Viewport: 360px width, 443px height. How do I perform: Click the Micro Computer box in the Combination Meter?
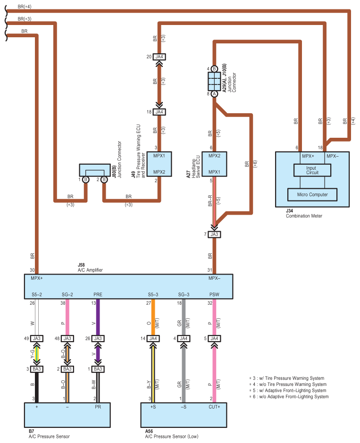(312, 194)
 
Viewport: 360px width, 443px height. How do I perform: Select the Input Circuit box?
(312, 170)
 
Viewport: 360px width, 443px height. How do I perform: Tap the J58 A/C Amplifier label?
(90, 268)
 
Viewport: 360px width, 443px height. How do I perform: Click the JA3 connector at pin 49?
(37, 338)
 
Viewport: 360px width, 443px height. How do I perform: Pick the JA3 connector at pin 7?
(214, 234)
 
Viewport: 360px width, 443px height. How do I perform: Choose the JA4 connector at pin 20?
(159, 57)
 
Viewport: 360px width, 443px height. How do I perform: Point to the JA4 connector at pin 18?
(159, 112)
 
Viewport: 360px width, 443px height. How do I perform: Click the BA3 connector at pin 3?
(37, 368)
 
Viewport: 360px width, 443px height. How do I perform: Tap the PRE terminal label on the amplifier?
(98, 295)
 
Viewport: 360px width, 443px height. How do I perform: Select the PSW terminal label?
(214, 295)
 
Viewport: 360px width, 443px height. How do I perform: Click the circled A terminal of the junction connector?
(214, 94)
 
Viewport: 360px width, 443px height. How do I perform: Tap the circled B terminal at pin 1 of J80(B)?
(85, 180)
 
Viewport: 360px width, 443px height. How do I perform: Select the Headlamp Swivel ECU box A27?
(214, 163)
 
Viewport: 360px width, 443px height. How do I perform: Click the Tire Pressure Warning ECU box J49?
(159, 163)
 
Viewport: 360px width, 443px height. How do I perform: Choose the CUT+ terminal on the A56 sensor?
(214, 406)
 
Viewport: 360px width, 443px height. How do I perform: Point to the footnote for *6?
(288, 397)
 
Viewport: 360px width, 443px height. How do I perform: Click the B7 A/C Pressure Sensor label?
(49, 434)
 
